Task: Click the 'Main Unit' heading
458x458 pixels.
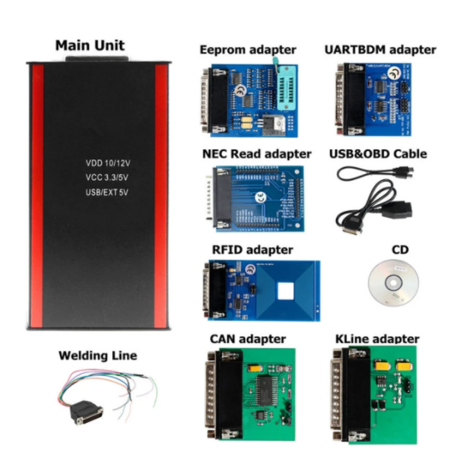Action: click(x=90, y=46)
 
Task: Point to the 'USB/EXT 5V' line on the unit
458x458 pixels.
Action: click(x=106, y=192)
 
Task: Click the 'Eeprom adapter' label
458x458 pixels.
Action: click(x=248, y=49)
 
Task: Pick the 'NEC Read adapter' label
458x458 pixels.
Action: click(x=256, y=154)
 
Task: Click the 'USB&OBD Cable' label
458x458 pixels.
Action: click(x=378, y=154)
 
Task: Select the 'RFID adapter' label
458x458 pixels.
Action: click(x=252, y=250)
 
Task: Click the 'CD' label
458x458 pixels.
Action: click(x=400, y=250)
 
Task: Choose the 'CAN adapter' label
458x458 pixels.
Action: click(x=248, y=339)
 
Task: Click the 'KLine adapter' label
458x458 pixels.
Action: click(x=377, y=339)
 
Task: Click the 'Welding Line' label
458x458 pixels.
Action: click(x=98, y=355)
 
